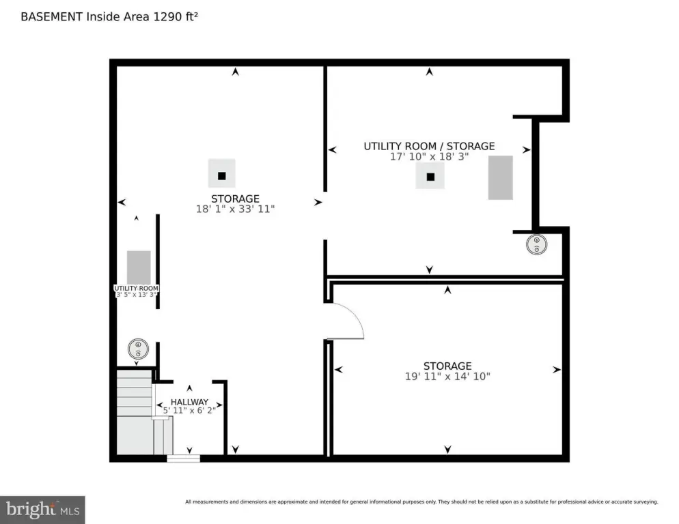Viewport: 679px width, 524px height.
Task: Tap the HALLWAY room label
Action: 189,402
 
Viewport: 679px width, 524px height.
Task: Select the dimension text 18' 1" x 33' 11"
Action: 234,209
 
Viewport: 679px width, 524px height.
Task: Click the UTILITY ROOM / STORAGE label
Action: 429,146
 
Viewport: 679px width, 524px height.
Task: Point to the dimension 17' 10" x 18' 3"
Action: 429,156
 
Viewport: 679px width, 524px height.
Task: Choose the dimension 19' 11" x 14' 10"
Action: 447,376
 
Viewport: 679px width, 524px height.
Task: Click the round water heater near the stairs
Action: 138,349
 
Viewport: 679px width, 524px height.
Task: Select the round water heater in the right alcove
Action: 536,245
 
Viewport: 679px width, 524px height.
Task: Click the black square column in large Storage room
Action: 221,175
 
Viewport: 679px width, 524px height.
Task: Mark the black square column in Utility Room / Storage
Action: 430,177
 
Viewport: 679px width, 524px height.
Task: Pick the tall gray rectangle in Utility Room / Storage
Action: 500,177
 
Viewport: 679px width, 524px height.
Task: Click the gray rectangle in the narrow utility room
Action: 139,267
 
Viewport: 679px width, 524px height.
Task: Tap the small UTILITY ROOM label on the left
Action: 136,289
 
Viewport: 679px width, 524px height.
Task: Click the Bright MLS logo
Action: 42,509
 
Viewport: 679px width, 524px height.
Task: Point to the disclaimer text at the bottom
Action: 421,502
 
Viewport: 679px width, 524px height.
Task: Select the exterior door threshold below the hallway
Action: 183,458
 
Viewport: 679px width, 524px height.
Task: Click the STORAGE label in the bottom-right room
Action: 447,366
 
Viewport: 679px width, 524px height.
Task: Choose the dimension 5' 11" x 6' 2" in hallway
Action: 189,411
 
